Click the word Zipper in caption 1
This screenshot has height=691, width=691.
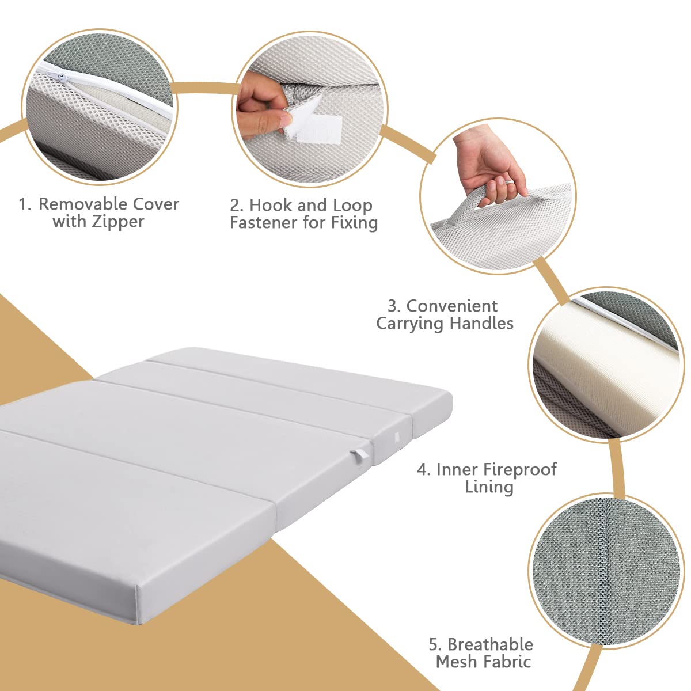click(x=118, y=221)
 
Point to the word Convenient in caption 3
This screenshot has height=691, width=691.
click(x=452, y=306)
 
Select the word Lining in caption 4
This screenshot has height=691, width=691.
click(x=489, y=487)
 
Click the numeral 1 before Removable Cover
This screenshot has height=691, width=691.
click(x=24, y=204)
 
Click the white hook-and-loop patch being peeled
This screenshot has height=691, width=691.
click(x=316, y=130)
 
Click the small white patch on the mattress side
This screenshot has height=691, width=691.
click(x=397, y=436)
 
